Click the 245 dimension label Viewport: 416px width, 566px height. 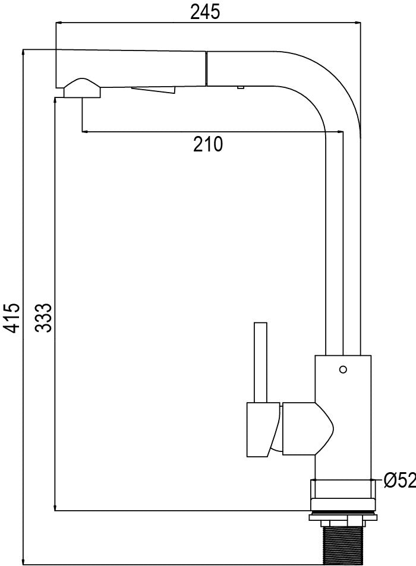pos(205,12)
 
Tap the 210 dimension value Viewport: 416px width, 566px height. pos(208,144)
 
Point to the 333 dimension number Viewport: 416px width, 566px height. pos(44,318)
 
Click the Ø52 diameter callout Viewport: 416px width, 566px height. pos(399,480)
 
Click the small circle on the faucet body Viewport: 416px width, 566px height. pos(343,369)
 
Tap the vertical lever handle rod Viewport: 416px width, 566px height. pos(260,362)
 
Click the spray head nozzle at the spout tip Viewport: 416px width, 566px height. pos(83,88)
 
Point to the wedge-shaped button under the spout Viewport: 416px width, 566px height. pos(154,90)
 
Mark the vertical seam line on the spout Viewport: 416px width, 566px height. pos(206,68)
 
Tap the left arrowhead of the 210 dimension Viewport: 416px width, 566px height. pos(85,132)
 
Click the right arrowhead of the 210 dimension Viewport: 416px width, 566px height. pos(340,132)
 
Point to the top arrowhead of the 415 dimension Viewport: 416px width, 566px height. pos(23,53)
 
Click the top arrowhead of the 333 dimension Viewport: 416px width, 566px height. pos(55,101)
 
